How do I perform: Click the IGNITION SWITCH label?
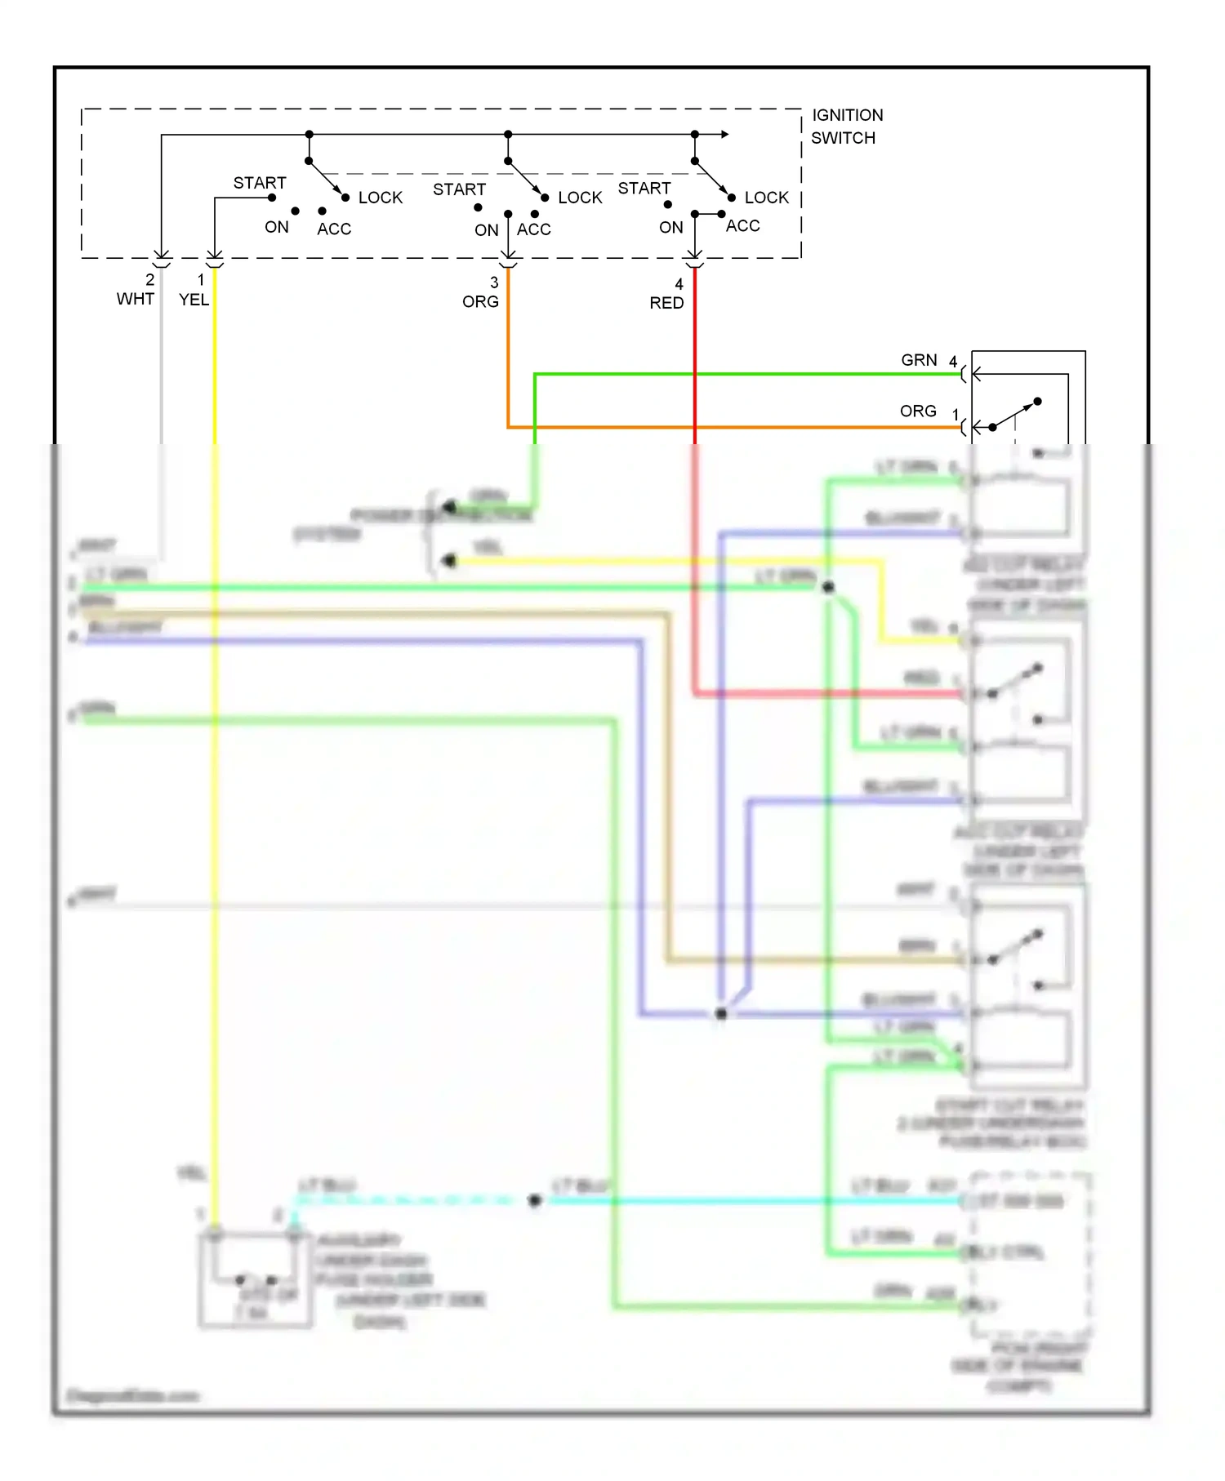pyautogui.click(x=847, y=127)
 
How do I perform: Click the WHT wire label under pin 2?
pyautogui.click(x=135, y=299)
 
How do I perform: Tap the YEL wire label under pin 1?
pyautogui.click(x=194, y=300)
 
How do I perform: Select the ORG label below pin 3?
pyautogui.click(x=480, y=301)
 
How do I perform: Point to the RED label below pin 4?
pyautogui.click(x=666, y=303)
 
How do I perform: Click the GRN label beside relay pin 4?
pyautogui.click(x=919, y=360)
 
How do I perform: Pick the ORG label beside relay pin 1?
pyautogui.click(x=918, y=411)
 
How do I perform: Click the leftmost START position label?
pyautogui.click(x=260, y=183)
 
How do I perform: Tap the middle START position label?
pyautogui.click(x=459, y=189)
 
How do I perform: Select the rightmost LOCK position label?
pyautogui.click(x=766, y=198)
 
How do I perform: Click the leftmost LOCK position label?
pyautogui.click(x=381, y=198)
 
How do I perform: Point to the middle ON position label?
pyautogui.click(x=486, y=230)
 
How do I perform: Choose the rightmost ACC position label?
pyautogui.click(x=742, y=225)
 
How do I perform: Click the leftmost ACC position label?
pyautogui.click(x=334, y=229)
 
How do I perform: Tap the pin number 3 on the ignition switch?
pyautogui.click(x=494, y=282)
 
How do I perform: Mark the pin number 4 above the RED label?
pyautogui.click(x=679, y=284)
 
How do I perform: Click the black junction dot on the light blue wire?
pyautogui.click(x=535, y=1200)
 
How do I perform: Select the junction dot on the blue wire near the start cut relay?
pyautogui.click(x=721, y=1013)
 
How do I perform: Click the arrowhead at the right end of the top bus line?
pyautogui.click(x=724, y=134)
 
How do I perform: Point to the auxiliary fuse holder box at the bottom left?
pyautogui.click(x=255, y=1279)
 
